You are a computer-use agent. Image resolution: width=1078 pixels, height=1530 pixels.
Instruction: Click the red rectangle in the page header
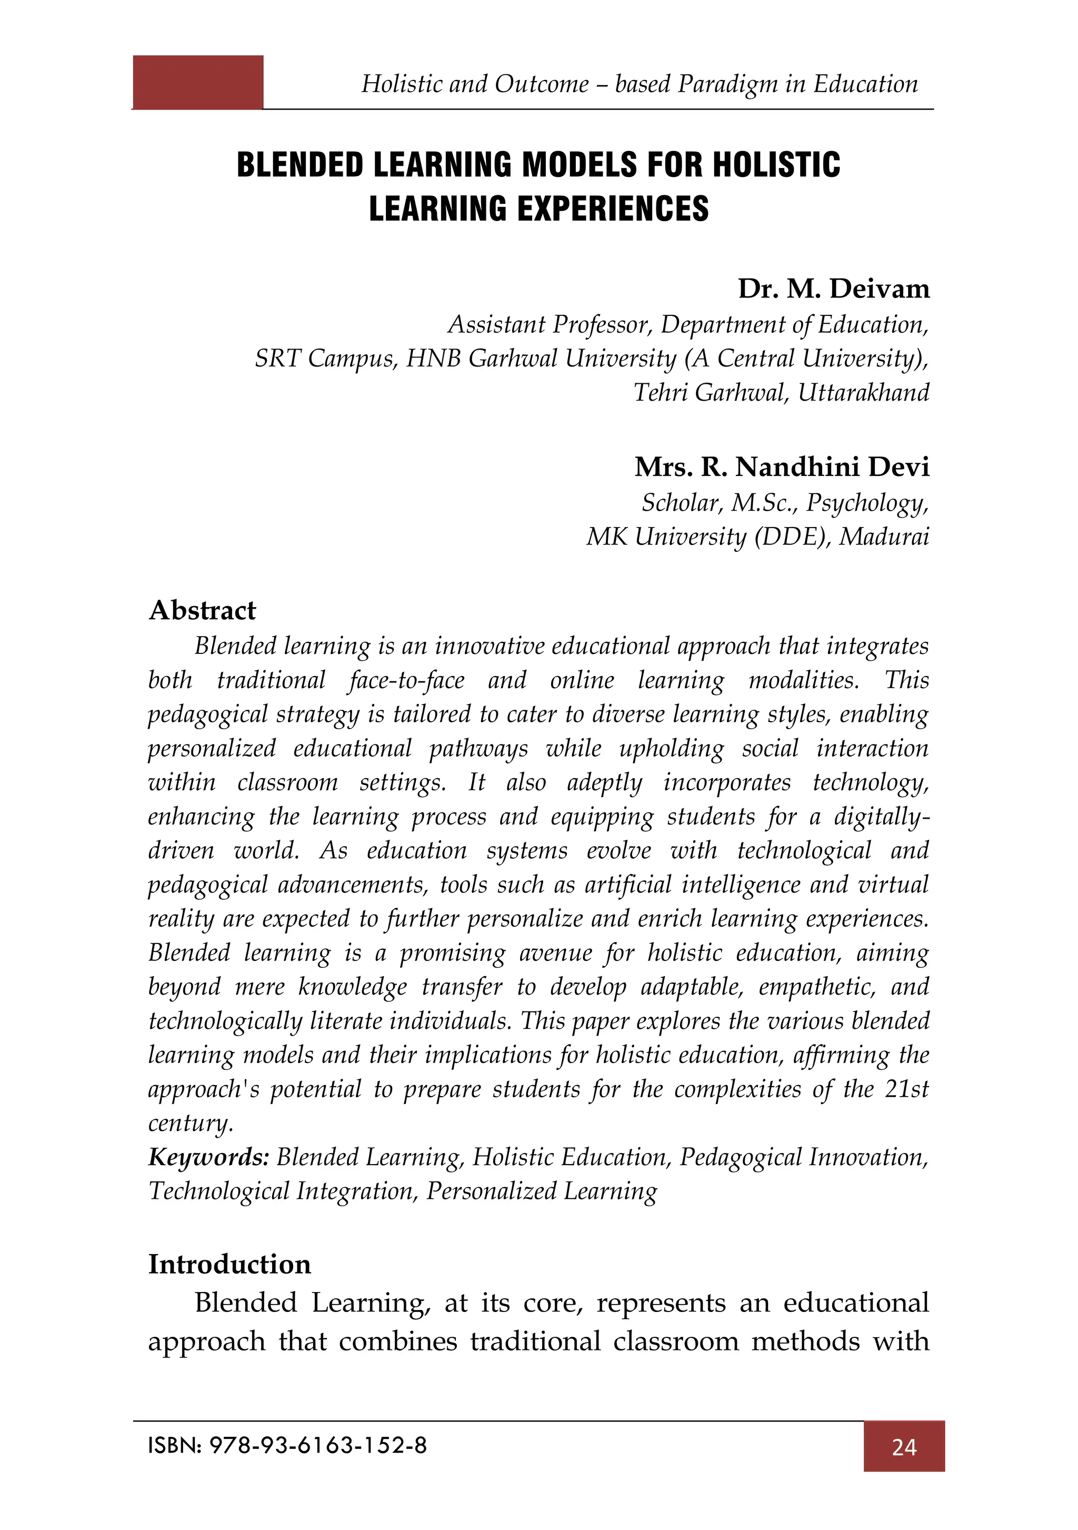pyautogui.click(x=198, y=82)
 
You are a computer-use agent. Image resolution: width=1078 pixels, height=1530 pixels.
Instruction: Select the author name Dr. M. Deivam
pyautogui.click(x=833, y=289)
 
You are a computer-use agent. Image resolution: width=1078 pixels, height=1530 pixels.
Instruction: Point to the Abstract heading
pyautogui.click(x=202, y=610)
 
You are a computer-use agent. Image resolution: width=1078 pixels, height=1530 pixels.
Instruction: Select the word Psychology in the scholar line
pyautogui.click(x=866, y=502)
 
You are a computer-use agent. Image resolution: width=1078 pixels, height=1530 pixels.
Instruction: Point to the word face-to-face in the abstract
pyautogui.click(x=406, y=680)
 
